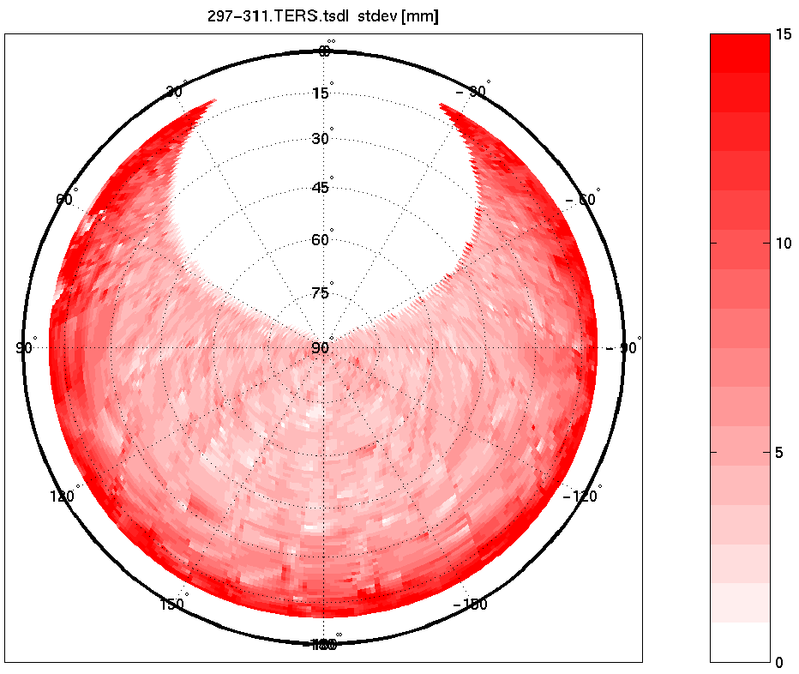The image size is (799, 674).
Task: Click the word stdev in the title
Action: (376, 16)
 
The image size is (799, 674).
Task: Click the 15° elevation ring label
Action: (321, 93)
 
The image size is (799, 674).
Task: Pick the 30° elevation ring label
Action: (321, 139)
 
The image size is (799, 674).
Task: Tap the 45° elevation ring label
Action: (321, 188)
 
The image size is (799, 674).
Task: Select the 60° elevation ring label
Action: (321, 240)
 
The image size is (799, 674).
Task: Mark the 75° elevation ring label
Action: (321, 293)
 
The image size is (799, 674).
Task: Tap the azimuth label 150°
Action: (173, 604)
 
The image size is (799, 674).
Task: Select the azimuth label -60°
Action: (582, 200)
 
